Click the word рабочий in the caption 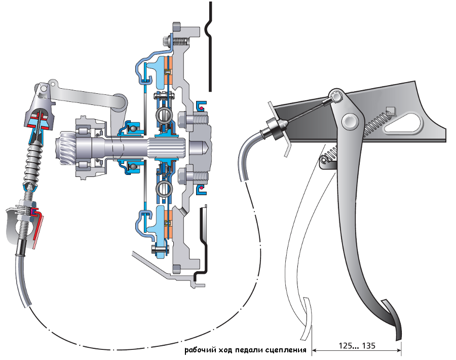point(200,350)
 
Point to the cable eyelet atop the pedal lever point(336,96)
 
